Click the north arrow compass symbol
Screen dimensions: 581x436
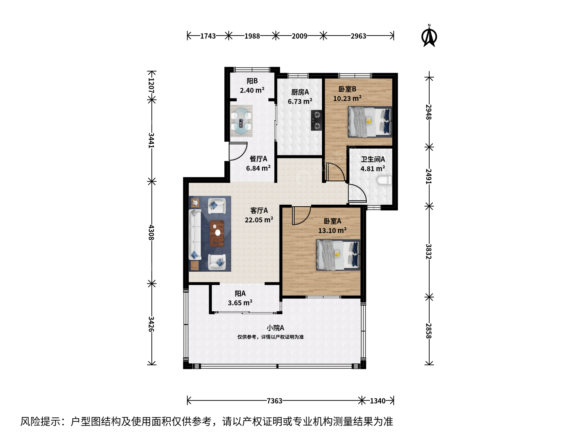429,36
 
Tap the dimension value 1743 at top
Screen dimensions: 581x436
208,36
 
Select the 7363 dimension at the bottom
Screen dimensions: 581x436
274,401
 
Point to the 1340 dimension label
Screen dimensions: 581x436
378,401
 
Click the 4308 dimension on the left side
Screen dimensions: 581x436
151,232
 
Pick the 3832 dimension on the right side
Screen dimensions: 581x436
428,252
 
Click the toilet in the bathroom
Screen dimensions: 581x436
384,180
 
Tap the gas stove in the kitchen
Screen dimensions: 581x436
317,120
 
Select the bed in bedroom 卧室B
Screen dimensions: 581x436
370,122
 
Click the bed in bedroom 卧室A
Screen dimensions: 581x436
338,255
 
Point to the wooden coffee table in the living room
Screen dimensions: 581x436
217,233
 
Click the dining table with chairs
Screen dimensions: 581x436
241,121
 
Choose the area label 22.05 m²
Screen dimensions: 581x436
259,220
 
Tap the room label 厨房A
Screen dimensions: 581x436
300,92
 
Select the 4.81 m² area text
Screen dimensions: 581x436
372,168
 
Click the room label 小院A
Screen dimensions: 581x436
275,328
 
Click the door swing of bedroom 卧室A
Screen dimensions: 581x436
302,216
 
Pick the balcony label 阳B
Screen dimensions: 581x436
252,81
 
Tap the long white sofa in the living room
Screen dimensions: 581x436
195,234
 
